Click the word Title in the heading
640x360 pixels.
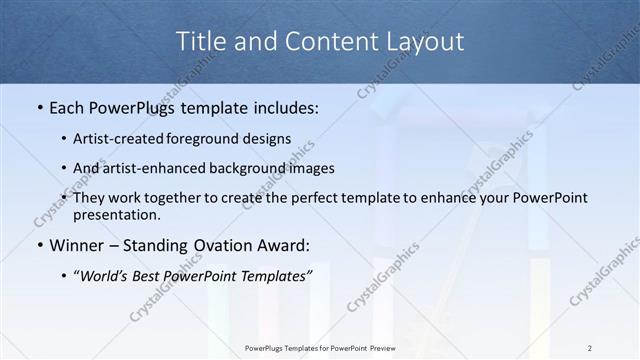[200, 41]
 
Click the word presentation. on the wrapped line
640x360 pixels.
[116, 215]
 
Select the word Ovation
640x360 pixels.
[227, 246]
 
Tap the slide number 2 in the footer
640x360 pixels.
[590, 348]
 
